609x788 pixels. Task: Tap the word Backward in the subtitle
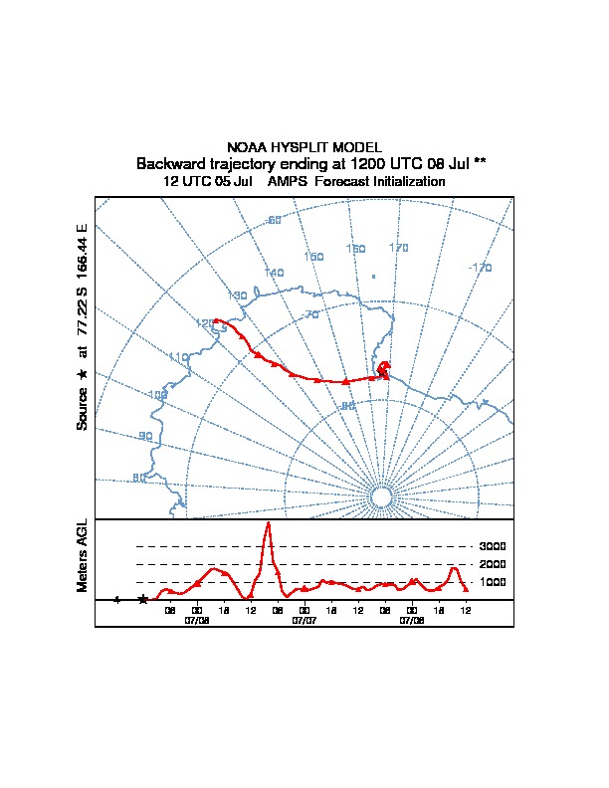pos(170,163)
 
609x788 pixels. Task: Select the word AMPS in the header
pos(290,182)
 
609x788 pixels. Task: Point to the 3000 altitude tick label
pos(493,546)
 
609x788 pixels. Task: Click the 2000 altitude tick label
pos(493,564)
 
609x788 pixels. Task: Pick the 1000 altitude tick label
pos(493,582)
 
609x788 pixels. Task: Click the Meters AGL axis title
pos(83,555)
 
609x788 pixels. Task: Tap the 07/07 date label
pos(304,619)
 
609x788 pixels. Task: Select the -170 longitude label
pos(480,268)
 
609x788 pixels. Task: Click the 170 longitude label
pos(398,248)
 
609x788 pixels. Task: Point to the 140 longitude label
pos(274,273)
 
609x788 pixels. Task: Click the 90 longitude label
pos(145,436)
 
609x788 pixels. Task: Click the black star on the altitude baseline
pos(143,600)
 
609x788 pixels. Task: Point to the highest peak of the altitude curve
pos(267,523)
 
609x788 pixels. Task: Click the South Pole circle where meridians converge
pos(380,496)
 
